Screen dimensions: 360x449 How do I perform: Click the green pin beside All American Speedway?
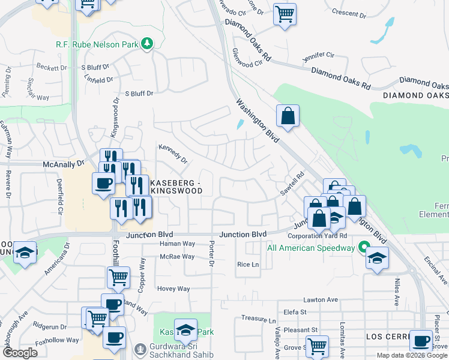coord(363,247)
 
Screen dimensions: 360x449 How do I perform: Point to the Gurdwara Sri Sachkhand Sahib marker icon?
coord(140,348)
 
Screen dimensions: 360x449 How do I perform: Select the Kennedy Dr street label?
coord(173,154)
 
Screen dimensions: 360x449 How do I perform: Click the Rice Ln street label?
coord(247,264)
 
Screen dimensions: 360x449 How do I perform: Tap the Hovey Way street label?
coord(173,289)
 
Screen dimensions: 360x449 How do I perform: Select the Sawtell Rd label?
coord(292,184)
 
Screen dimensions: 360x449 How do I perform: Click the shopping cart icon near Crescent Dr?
coord(285,13)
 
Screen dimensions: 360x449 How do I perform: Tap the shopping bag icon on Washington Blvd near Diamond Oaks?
coord(288,116)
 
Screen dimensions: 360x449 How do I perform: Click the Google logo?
coord(20,353)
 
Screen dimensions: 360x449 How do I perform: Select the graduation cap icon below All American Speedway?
coord(376,258)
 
